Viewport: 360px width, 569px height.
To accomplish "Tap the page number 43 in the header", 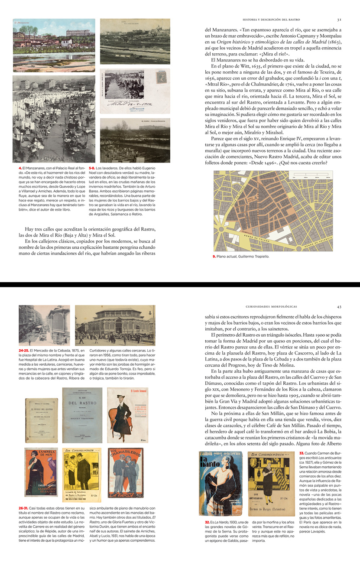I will point(339,307).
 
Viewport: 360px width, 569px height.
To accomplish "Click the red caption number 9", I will point(214,257).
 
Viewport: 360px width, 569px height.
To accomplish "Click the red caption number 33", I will point(302,453).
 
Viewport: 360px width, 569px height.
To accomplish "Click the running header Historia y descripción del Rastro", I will point(272,20).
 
